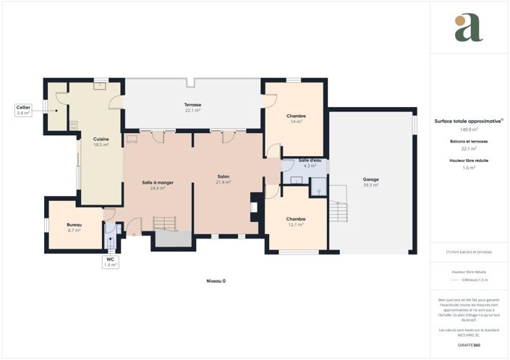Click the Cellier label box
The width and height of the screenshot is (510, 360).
(23, 110)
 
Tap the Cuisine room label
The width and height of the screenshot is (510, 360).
(101, 142)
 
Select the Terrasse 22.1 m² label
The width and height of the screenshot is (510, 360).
(192, 108)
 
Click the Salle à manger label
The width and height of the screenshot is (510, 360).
(156, 185)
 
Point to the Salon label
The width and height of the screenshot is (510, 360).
(224, 179)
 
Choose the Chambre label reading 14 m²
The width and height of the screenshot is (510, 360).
(296, 119)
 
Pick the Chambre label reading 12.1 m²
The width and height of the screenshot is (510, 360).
(295, 222)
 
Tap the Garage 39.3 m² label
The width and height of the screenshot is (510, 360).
(370, 182)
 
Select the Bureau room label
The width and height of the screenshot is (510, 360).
(74, 227)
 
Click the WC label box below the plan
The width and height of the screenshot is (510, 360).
(110, 262)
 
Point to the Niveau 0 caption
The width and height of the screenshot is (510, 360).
(216, 280)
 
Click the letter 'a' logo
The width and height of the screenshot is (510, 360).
(469, 27)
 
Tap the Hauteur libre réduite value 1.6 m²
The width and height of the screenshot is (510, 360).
(469, 167)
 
